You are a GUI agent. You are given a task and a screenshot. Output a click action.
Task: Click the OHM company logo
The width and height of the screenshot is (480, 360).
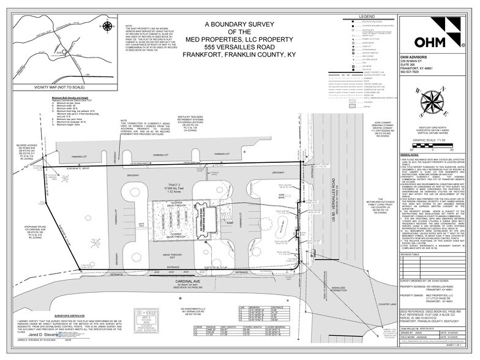tap(435, 42)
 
